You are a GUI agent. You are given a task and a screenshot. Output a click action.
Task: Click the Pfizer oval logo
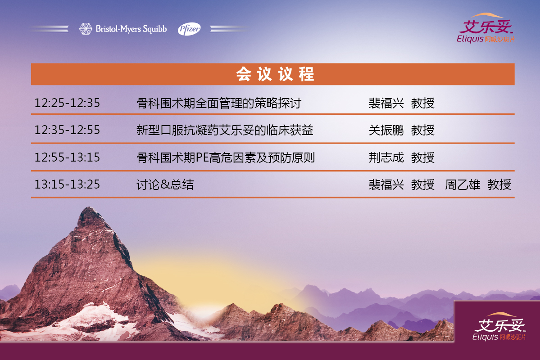tap(189, 29)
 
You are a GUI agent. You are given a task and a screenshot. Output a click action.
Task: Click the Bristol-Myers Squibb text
tap(131, 29)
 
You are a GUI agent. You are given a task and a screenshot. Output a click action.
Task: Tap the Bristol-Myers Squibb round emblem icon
tap(86, 29)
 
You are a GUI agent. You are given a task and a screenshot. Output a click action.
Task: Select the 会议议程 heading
tap(275, 74)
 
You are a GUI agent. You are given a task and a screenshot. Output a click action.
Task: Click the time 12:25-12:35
tap(67, 103)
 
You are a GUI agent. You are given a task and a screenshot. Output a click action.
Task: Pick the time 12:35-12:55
tap(67, 130)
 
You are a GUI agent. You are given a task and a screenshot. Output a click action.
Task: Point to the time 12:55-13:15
tap(67, 157)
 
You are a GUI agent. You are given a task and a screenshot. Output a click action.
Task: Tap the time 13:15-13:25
tap(67, 184)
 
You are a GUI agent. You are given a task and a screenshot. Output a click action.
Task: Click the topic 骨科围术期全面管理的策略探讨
tap(219, 103)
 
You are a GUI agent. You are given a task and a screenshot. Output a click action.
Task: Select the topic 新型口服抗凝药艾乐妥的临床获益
tap(225, 130)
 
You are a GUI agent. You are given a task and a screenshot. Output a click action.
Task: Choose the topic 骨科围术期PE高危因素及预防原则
tap(226, 157)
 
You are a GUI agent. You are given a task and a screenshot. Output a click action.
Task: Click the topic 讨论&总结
tap(165, 185)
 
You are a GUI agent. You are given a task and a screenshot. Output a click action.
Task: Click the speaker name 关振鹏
tap(386, 130)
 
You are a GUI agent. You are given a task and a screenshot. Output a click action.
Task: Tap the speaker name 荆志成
tap(386, 157)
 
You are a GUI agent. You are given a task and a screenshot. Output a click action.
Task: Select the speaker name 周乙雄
tap(463, 185)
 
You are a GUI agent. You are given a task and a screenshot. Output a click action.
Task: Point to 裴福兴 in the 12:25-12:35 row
tap(386, 103)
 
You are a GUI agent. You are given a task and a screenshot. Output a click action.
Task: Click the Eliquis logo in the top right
tap(486, 28)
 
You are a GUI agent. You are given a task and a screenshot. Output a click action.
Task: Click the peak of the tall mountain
tap(90, 207)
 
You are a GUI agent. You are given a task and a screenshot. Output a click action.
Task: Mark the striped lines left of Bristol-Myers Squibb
tap(49, 29)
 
